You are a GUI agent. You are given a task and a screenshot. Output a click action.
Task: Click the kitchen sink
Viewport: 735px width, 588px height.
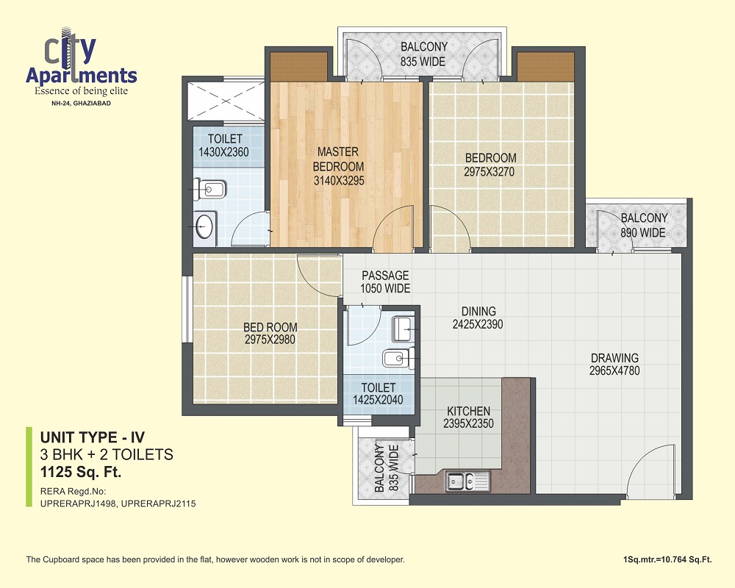click(468, 481)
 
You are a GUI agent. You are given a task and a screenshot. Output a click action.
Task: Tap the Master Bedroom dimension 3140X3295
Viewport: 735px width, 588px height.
click(339, 181)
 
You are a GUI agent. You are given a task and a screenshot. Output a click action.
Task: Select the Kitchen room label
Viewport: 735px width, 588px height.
click(468, 411)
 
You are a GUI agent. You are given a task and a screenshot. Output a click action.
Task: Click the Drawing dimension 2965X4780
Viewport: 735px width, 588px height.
click(614, 370)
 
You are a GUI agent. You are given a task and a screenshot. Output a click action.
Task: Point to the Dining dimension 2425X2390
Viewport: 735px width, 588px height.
click(478, 324)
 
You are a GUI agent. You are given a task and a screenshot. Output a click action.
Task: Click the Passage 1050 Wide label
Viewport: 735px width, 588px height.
click(385, 282)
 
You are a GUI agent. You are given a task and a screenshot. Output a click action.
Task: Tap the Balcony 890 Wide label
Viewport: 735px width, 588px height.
click(644, 225)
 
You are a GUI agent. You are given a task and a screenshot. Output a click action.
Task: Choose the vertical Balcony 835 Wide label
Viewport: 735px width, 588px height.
click(387, 468)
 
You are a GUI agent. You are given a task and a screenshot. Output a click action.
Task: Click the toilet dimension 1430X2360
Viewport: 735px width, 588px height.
click(223, 152)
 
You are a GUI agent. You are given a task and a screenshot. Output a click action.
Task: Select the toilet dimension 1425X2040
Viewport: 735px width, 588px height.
click(378, 400)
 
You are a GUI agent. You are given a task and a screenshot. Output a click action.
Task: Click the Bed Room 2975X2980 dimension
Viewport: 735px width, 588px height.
click(270, 339)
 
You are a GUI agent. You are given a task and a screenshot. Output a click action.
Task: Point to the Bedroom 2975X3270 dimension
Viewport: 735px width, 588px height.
click(490, 171)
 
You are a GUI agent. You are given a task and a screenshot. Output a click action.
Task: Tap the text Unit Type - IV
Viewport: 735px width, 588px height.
click(93, 437)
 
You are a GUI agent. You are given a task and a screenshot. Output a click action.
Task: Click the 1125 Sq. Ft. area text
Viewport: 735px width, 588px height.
click(81, 472)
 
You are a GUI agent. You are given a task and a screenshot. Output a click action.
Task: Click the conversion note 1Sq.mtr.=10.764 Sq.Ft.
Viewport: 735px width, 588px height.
click(667, 559)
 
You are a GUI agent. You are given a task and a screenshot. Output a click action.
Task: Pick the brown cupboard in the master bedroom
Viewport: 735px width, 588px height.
click(298, 66)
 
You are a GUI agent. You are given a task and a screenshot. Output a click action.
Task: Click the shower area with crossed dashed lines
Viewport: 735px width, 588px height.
click(226, 101)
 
